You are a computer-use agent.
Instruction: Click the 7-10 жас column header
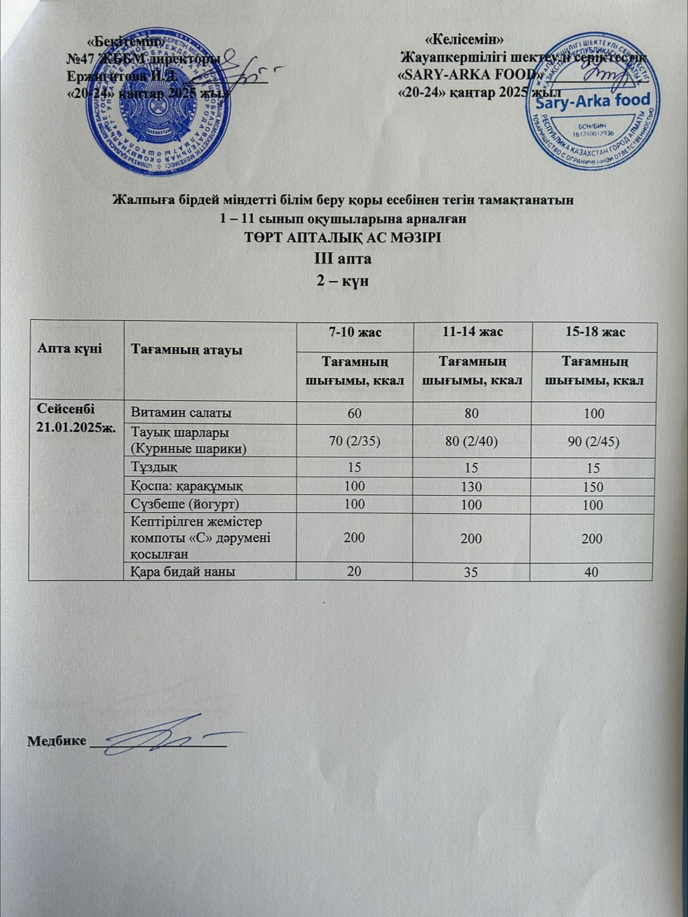pyautogui.click(x=355, y=332)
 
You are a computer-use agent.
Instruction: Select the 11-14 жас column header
pyautogui.click(x=471, y=332)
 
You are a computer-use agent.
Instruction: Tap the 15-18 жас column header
pyautogui.click(x=594, y=333)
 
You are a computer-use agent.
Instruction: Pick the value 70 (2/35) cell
pyautogui.click(x=355, y=441)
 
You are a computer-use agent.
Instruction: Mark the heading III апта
pyautogui.click(x=344, y=258)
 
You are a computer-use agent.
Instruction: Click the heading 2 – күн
pyautogui.click(x=344, y=281)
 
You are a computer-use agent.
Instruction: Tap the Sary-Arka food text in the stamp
pyautogui.click(x=593, y=101)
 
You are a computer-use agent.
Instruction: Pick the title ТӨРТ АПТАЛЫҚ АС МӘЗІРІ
pyautogui.click(x=344, y=237)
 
